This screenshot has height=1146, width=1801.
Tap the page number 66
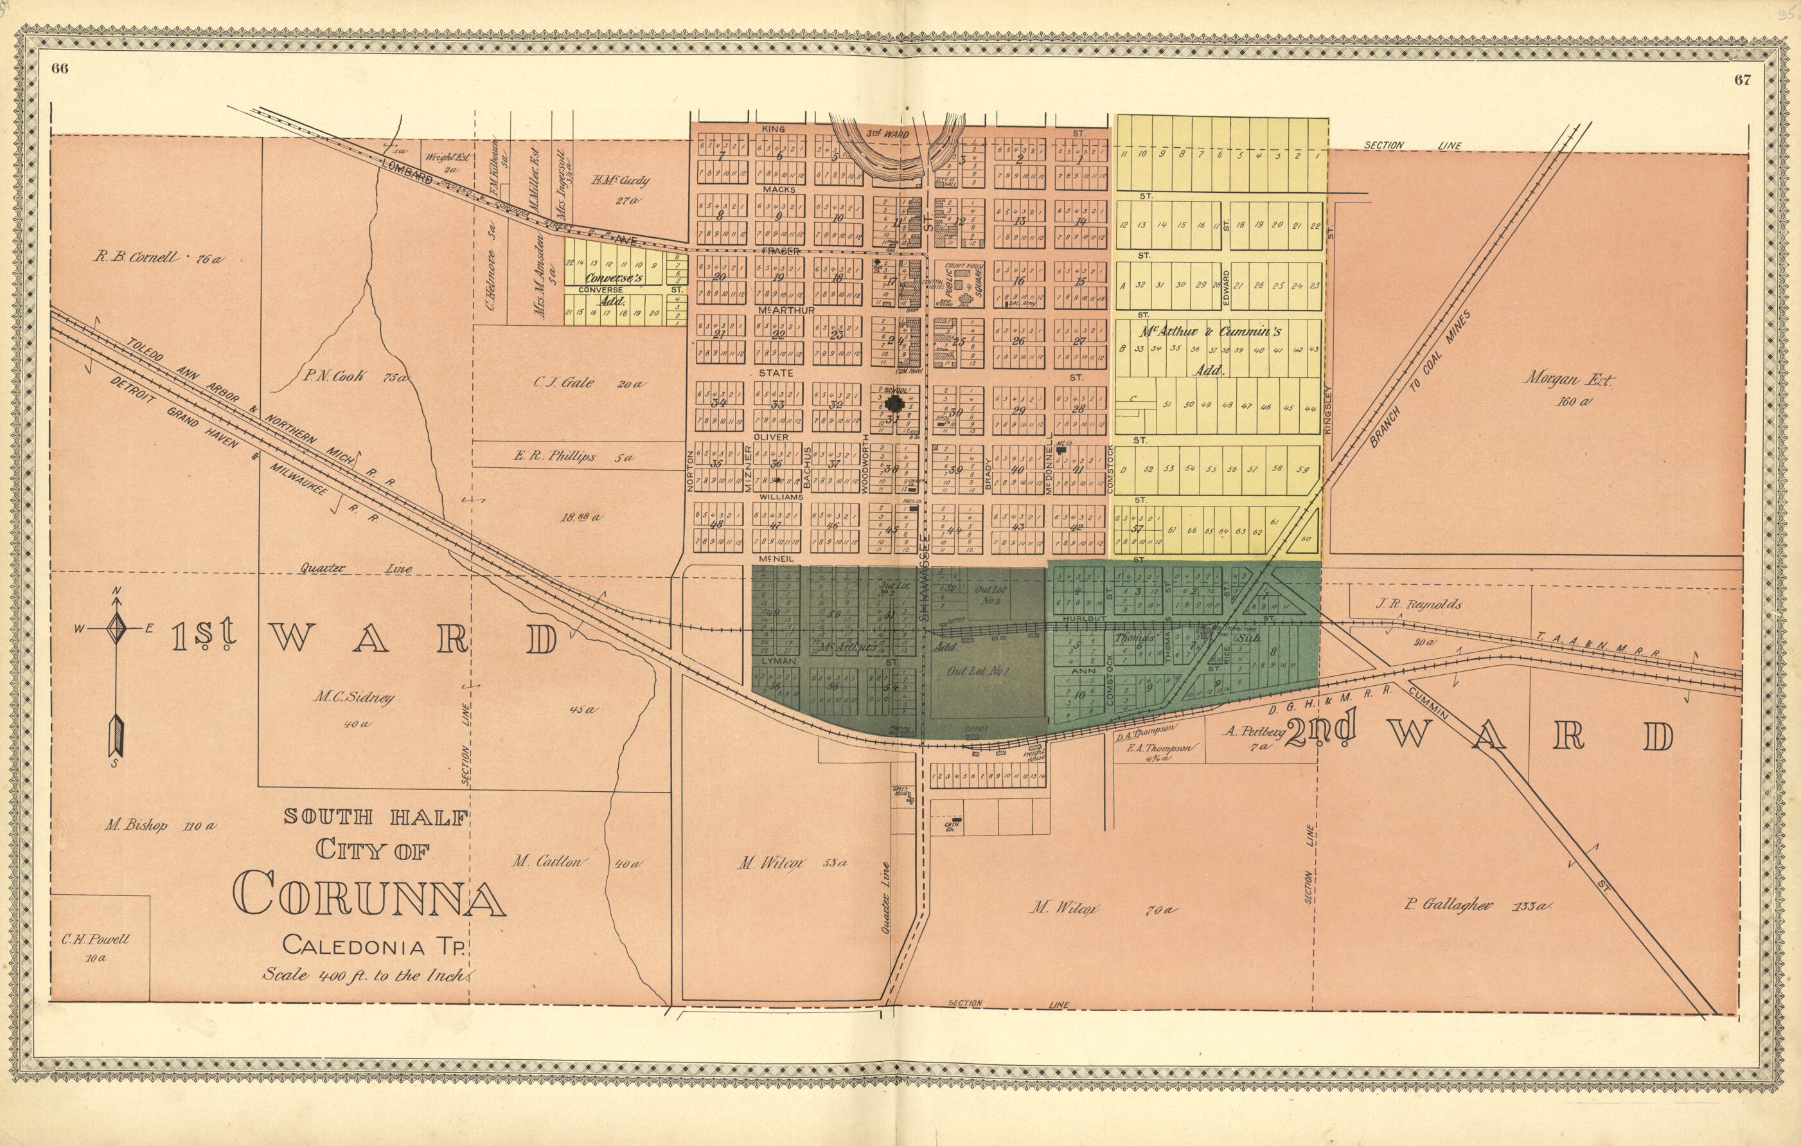click(x=60, y=69)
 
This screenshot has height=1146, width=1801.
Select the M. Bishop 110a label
click(x=160, y=827)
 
